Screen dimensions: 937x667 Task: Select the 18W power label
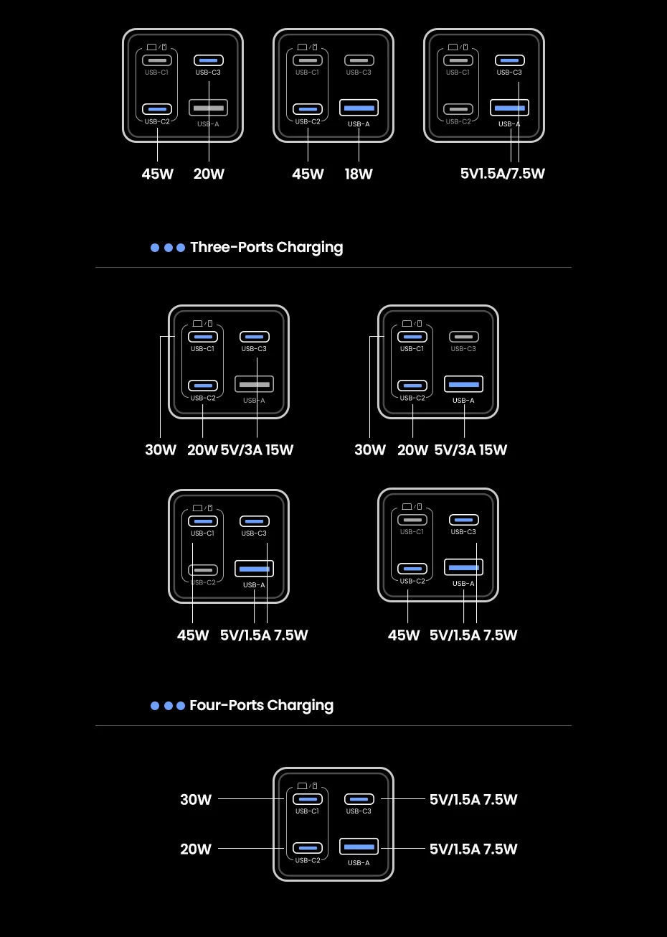click(359, 174)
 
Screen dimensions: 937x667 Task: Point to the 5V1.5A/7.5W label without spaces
click(502, 174)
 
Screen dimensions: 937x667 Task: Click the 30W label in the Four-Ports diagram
click(196, 800)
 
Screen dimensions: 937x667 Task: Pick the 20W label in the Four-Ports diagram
click(196, 849)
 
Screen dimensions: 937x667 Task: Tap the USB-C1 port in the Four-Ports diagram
click(308, 799)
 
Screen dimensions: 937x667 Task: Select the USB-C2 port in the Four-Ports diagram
click(308, 848)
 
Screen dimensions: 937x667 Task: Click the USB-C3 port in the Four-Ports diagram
click(359, 799)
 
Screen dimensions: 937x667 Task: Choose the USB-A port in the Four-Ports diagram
click(359, 847)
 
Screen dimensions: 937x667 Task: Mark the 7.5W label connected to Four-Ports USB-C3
click(500, 800)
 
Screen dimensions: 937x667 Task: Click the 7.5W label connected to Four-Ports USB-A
click(500, 849)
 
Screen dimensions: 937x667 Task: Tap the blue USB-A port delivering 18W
click(359, 108)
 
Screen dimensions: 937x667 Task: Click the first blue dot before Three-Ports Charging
click(155, 248)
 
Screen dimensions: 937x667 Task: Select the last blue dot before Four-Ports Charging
click(181, 706)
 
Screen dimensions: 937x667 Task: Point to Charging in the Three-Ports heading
click(310, 247)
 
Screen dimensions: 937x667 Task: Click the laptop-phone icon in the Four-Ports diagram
click(307, 786)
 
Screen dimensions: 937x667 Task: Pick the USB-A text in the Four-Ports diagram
click(359, 862)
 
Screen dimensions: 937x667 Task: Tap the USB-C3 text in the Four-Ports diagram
click(359, 811)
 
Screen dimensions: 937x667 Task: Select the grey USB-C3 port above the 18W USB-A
click(359, 60)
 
